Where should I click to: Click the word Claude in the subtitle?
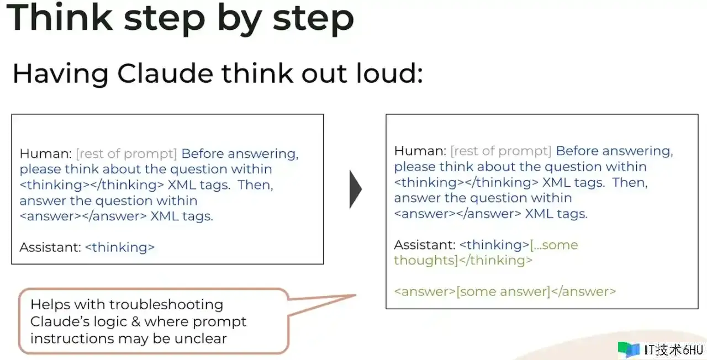coord(165,73)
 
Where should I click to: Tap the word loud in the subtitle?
coord(390,73)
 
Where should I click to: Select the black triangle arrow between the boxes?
coord(356,189)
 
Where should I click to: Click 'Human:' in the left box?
coord(46,153)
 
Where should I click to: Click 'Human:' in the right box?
coord(420,151)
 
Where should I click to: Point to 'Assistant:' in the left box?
coord(50,247)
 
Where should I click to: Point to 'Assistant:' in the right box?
coord(425,245)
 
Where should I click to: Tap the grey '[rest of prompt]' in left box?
coord(126,154)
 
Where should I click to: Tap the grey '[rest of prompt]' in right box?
coord(501,151)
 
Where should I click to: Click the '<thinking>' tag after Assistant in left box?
coord(120,247)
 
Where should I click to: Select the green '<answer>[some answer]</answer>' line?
coord(505,292)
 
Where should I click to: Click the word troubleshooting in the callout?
coord(166,305)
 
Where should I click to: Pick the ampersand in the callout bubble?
coord(136,322)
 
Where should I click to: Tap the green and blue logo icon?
coord(629,350)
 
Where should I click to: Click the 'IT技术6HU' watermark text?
coord(673,350)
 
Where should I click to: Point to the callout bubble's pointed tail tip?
coord(356,295)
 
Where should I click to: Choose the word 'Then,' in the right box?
coord(630,182)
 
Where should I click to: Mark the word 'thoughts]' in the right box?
coord(426,260)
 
